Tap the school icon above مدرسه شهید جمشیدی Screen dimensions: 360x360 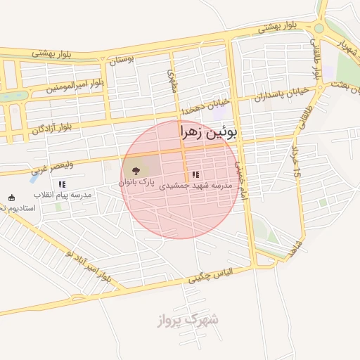[195, 174]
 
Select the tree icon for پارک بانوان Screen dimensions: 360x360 [136, 170]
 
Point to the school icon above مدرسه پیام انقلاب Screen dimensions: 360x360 [62, 184]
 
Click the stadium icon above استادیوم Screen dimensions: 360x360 [11, 198]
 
